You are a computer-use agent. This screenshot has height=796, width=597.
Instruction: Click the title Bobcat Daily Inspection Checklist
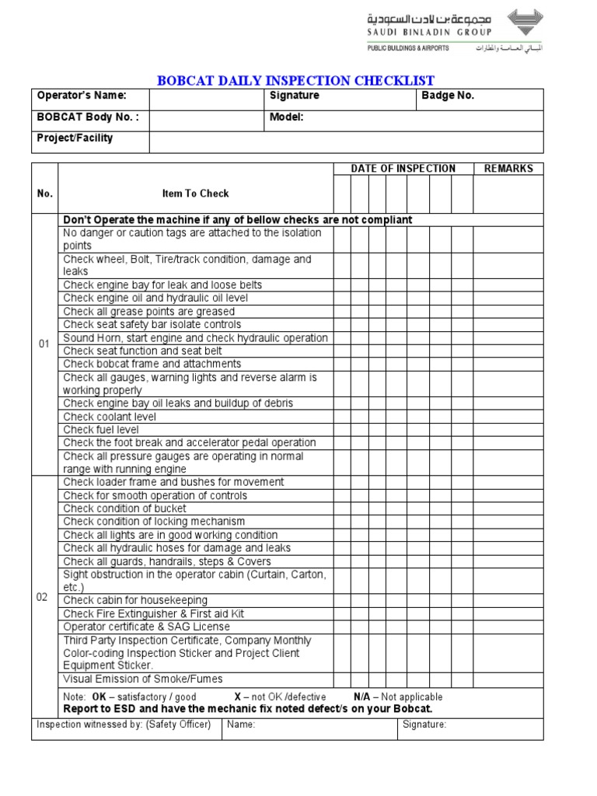pyautogui.click(x=296, y=81)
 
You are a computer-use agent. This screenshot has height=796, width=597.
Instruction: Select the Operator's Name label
pyautogui.click(x=81, y=96)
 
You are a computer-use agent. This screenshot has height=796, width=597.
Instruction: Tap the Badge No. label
pyautogui.click(x=448, y=96)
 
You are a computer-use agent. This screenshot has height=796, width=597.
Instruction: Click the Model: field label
pyautogui.click(x=286, y=117)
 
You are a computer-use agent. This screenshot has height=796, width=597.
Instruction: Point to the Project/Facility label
pyautogui.click(x=75, y=138)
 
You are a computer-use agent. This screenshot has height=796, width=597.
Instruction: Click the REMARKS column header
pyautogui.click(x=508, y=169)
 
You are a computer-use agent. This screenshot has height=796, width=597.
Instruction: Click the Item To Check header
pyautogui.click(x=195, y=194)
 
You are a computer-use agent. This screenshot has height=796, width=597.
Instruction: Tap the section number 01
pyautogui.click(x=44, y=344)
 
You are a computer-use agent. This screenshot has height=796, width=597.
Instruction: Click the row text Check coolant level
pyautogui.click(x=110, y=417)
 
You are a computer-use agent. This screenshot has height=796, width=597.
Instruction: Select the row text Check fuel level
pyautogui.click(x=101, y=430)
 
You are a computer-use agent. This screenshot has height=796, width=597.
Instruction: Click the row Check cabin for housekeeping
pyautogui.click(x=135, y=600)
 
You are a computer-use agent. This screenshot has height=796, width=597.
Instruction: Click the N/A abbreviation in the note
pyautogui.click(x=361, y=696)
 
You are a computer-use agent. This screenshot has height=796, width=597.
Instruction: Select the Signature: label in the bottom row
pyautogui.click(x=424, y=724)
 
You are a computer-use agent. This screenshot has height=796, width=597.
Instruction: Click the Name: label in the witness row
pyautogui.click(x=242, y=724)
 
